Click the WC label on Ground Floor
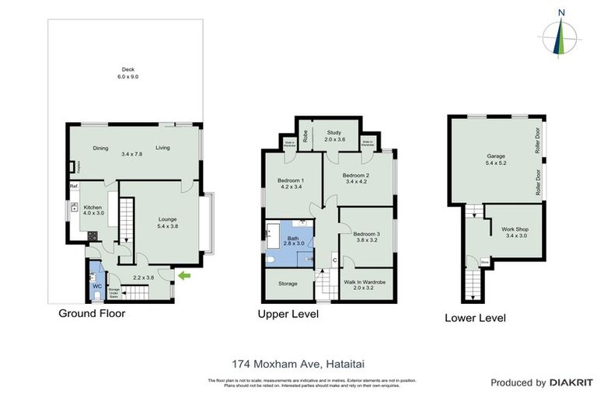[x=97, y=287]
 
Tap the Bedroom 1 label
[x=290, y=183]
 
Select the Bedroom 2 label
[x=357, y=180]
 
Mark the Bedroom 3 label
[x=366, y=236]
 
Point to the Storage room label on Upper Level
[x=288, y=284]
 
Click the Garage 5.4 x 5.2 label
[x=496, y=160]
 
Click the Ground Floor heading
[x=92, y=314]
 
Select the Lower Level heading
[x=475, y=318]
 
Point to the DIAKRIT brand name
[x=571, y=382]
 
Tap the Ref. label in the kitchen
[x=75, y=187]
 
